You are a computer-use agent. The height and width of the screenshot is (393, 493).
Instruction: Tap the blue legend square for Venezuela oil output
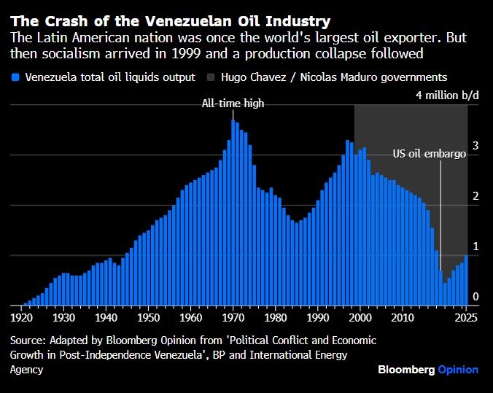15,77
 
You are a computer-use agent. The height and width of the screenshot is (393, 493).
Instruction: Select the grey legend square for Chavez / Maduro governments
213,77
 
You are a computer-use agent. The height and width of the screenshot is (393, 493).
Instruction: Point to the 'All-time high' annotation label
233,104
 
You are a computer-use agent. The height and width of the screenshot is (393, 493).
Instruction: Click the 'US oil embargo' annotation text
429,154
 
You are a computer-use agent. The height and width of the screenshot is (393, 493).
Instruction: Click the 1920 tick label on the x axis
21,319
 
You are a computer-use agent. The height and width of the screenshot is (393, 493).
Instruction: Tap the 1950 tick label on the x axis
148,319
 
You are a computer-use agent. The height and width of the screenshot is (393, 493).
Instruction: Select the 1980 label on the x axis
275,319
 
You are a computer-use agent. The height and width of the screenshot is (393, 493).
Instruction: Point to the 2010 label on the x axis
402,319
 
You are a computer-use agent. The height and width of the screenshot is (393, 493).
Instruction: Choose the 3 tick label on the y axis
475,147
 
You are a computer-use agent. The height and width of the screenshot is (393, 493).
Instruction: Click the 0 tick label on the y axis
475,297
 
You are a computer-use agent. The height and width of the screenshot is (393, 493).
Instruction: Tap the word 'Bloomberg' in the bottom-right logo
406,370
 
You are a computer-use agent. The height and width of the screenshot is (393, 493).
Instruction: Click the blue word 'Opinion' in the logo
458,370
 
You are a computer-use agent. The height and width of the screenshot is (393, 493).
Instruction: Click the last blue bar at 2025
466,281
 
